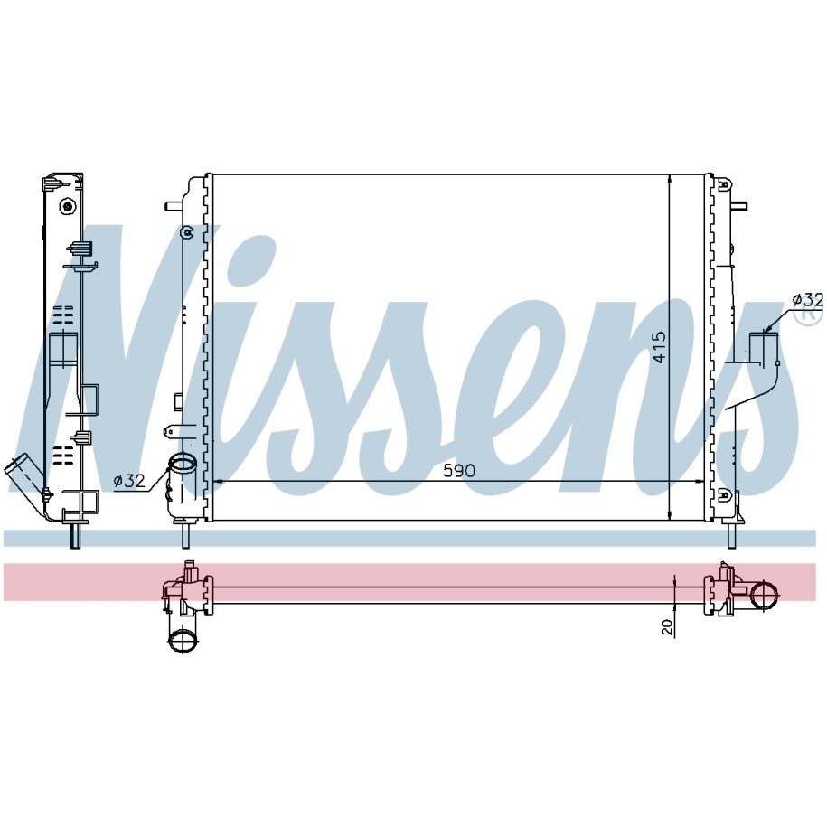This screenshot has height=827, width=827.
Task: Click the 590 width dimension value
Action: pos(459,471)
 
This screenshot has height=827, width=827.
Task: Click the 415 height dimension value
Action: pos(659,347)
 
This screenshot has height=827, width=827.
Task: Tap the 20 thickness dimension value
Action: pos(668,627)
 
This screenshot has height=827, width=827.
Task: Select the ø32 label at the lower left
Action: pos(128,481)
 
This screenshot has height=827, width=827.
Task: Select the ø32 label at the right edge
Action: pos(807,300)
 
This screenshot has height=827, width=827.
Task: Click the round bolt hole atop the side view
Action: pos(67,206)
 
